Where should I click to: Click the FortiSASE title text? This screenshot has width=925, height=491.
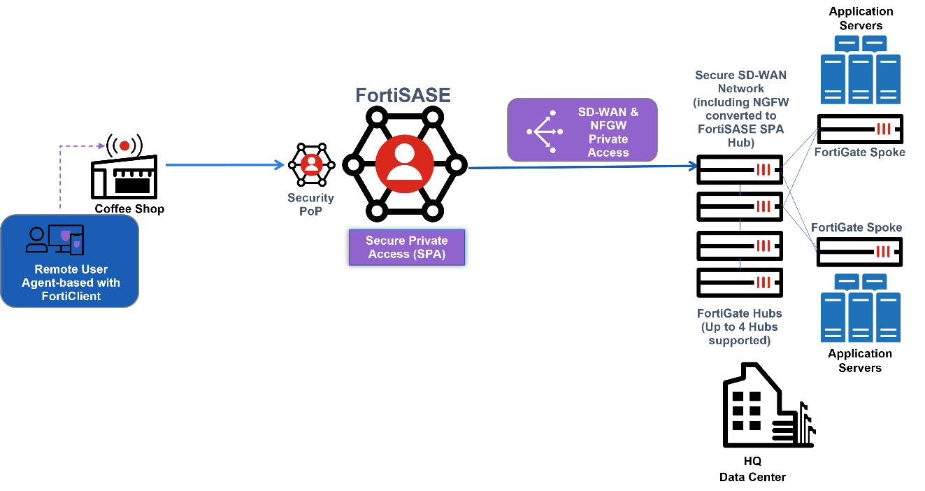click(x=403, y=95)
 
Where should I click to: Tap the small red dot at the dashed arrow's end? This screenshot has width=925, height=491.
click(x=124, y=145)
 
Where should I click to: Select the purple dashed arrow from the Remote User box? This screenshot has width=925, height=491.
click(x=61, y=175)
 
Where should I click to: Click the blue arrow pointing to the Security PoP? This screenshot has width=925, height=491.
click(x=224, y=165)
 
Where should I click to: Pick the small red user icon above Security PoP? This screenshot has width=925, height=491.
click(x=311, y=164)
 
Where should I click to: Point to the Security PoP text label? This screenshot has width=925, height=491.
click(x=310, y=204)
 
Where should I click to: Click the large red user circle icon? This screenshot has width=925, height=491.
click(x=404, y=164)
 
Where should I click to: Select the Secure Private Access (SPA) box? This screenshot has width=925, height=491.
click(x=406, y=248)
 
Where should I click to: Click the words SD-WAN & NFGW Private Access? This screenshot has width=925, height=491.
click(x=608, y=131)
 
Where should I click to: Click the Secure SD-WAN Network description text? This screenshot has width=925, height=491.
click(x=740, y=108)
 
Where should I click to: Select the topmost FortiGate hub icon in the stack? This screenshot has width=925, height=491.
click(x=763, y=169)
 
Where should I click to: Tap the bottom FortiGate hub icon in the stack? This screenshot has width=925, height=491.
click(x=763, y=283)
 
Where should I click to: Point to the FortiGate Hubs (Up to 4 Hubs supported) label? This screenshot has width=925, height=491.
click(x=739, y=327)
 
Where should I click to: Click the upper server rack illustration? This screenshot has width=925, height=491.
click(x=860, y=69)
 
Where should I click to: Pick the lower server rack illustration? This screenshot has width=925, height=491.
click(x=860, y=307)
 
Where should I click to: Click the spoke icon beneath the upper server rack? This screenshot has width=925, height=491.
click(x=884, y=129)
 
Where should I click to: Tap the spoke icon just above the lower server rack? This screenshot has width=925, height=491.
click(x=884, y=252)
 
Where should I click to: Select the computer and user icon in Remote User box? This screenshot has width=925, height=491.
click(x=55, y=239)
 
